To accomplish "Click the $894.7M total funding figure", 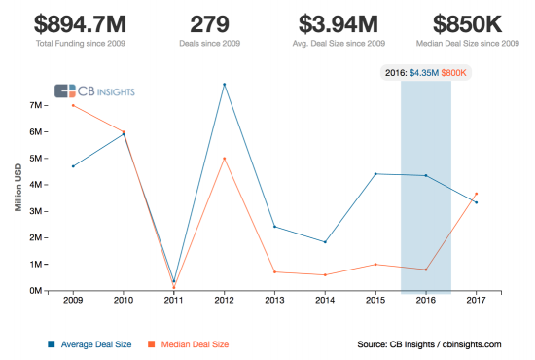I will (80, 25).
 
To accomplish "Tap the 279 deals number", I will (210, 25).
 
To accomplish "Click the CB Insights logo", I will (93, 90).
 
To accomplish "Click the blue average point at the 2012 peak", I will (225, 84).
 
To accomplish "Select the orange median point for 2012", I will (225, 159).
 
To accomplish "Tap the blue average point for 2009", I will (73, 166).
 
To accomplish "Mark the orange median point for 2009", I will (73, 105).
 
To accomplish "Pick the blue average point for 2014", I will (325, 242).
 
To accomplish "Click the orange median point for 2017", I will (476, 194).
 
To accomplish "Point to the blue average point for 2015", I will (375, 174).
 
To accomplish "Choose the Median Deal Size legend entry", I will (192, 343).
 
